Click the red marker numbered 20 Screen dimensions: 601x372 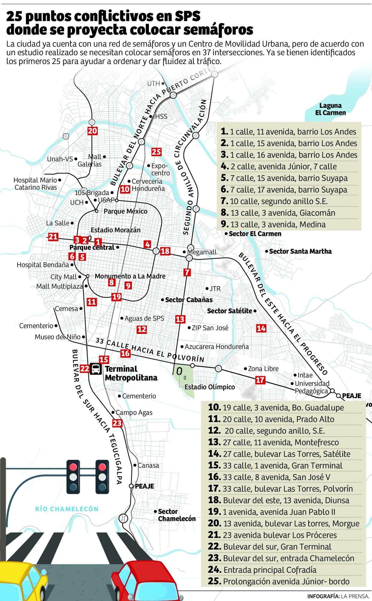click(x=92, y=131)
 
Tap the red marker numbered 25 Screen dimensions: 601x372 click(x=156, y=152)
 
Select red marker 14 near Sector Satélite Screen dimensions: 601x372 click(x=261, y=328)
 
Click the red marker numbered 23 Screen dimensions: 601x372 click(x=117, y=423)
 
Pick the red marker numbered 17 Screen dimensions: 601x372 click(x=260, y=380)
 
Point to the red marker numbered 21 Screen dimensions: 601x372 click(x=53, y=237)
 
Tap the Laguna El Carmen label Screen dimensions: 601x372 click(x=330, y=109)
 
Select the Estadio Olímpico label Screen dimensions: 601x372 click(x=209, y=387)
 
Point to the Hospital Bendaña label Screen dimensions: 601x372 click(x=43, y=265)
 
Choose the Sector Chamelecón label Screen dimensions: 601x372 click(x=176, y=515)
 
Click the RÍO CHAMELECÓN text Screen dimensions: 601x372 click(x=67, y=509)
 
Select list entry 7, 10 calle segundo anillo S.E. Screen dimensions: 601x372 click(x=278, y=201)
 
